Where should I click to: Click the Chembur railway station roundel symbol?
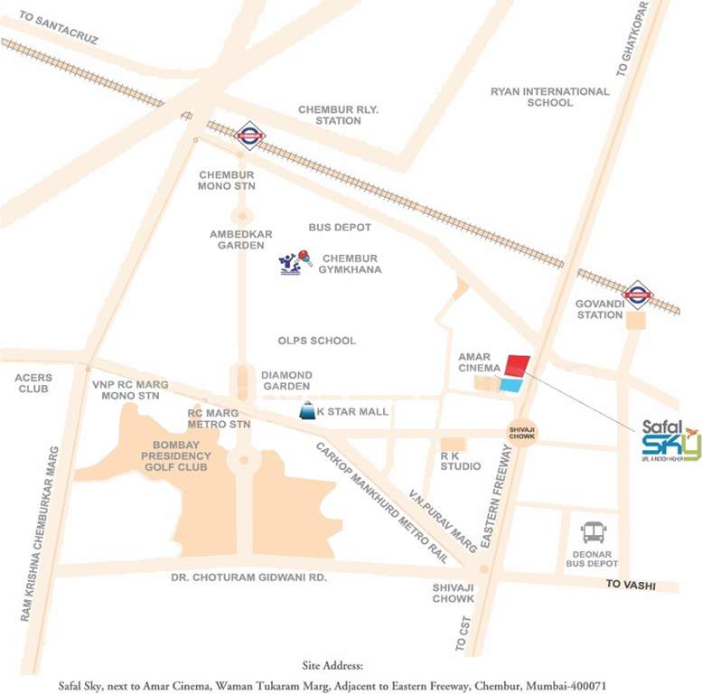[248, 136]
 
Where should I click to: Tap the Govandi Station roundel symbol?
[638, 293]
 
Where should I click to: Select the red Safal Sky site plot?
[517, 366]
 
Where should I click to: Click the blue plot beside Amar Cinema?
[511, 386]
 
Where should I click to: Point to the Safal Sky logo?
[670, 440]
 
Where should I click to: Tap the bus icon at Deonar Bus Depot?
[594, 533]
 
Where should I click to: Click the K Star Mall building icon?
[308, 411]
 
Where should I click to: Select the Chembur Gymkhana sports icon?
[295, 263]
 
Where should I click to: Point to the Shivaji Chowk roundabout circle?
[521, 433]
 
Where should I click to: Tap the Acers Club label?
[33, 383]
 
